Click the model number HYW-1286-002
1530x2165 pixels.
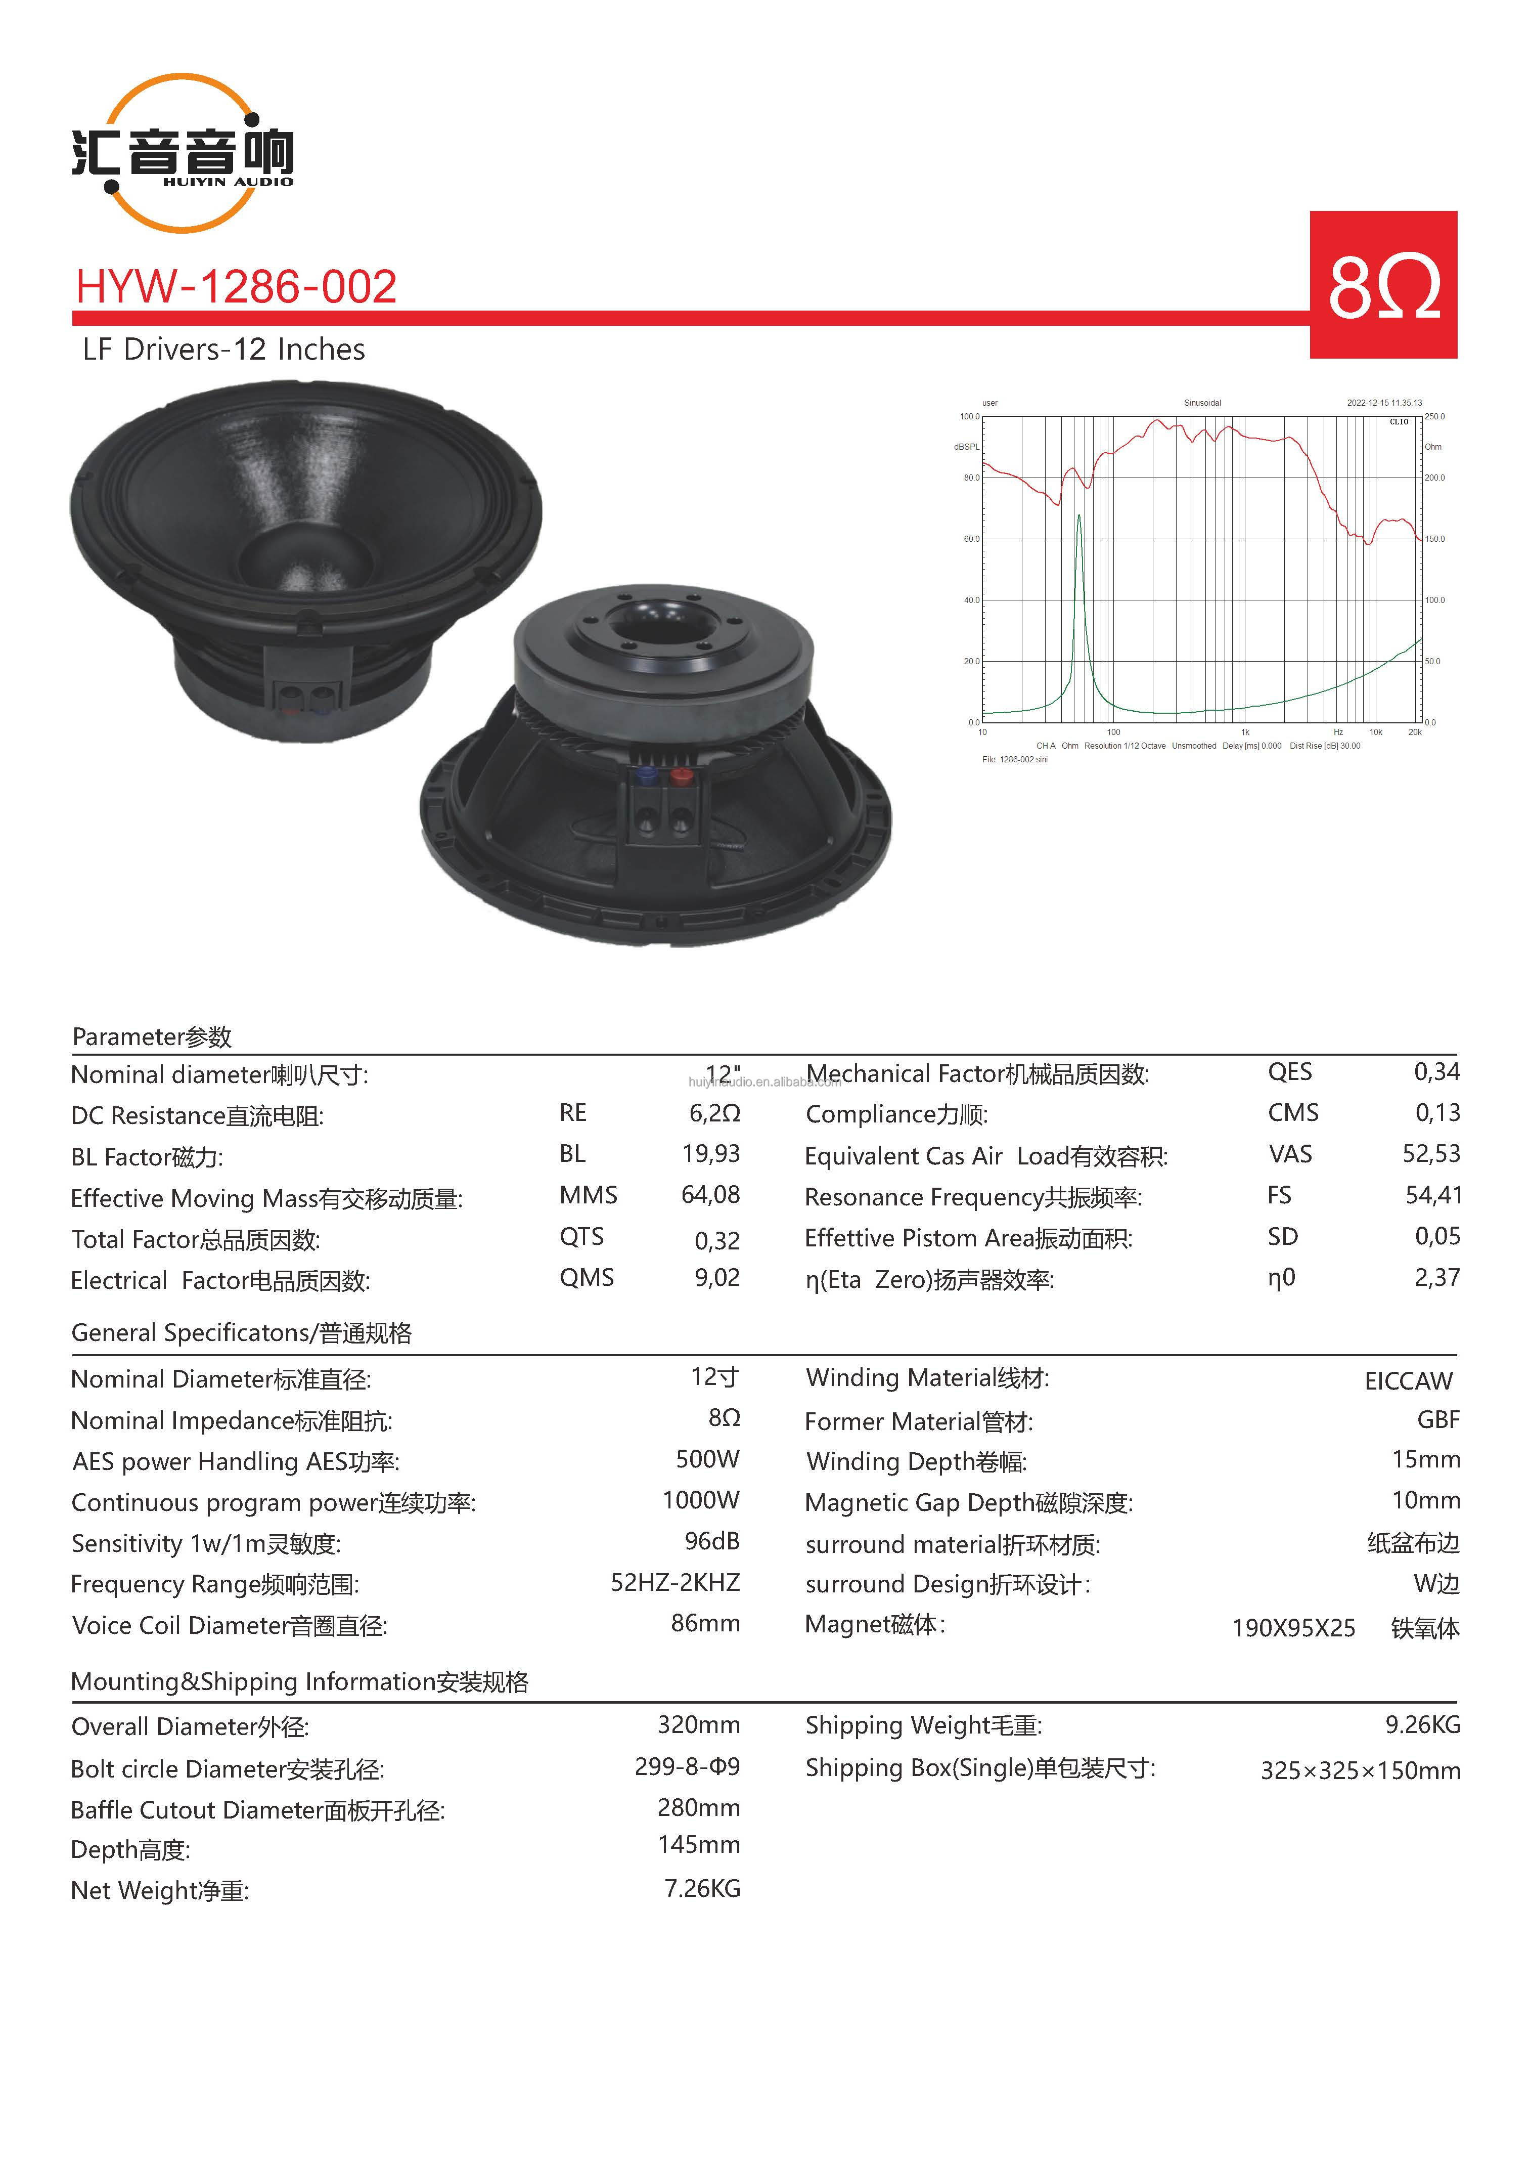coord(236,287)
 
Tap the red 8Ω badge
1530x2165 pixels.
coord(1383,285)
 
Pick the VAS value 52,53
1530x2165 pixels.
coord(1431,1154)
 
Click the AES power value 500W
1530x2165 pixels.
coord(707,1459)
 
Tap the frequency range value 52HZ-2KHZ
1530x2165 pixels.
coord(675,1582)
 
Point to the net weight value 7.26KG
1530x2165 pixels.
coord(702,1889)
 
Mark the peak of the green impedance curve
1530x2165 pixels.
coord(1079,516)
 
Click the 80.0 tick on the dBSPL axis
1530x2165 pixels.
coord(971,478)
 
